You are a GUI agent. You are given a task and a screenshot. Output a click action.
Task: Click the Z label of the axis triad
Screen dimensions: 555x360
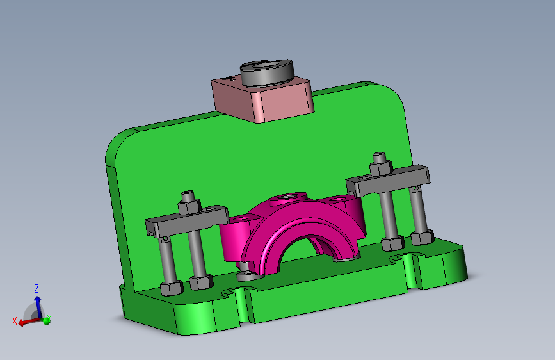click(x=36, y=288)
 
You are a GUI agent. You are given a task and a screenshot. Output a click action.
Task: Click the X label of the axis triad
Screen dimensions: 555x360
click(x=15, y=321)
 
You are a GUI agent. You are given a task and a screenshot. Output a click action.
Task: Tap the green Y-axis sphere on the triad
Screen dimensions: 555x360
click(x=46, y=321)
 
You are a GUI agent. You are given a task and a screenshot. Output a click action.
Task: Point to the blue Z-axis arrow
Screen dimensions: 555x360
click(x=38, y=306)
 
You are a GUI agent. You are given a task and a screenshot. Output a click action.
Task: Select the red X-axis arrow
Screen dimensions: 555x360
click(x=29, y=322)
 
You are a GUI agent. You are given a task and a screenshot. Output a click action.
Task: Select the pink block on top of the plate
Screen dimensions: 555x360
click(x=262, y=100)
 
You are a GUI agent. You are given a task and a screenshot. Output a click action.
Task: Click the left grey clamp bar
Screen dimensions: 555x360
click(x=187, y=221)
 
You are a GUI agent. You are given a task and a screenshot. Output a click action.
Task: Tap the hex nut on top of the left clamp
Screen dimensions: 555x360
click(x=189, y=206)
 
